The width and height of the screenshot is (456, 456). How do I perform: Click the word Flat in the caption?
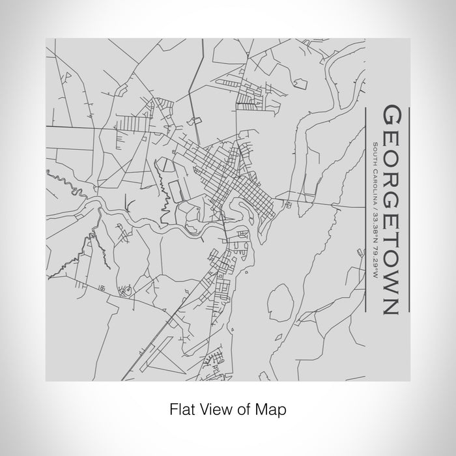click(180, 410)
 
